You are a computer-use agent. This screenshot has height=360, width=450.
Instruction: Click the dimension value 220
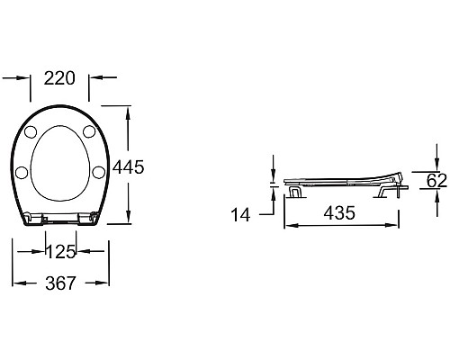click(59, 78)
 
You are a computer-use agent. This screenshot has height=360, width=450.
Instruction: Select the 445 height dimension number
click(129, 167)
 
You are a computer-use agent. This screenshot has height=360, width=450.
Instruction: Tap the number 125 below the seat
click(61, 252)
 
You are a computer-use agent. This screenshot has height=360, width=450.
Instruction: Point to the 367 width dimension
click(60, 283)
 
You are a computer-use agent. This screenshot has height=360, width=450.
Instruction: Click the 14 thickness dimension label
click(240, 215)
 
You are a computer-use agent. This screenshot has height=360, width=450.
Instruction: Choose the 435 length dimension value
click(339, 212)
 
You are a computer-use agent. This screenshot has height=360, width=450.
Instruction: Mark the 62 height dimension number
click(436, 180)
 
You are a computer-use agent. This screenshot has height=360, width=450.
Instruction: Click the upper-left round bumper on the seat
click(31, 132)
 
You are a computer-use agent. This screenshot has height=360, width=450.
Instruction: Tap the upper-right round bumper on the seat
click(89, 131)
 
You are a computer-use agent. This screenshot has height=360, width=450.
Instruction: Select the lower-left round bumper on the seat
click(22, 173)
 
